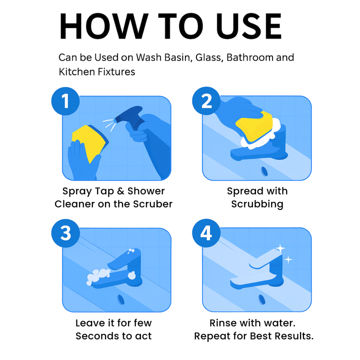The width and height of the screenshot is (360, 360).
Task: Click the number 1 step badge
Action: (x=65, y=101)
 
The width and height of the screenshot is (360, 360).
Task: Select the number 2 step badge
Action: (x=206, y=101)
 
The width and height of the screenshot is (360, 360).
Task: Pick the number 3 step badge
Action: (x=65, y=233)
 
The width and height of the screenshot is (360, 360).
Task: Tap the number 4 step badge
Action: (x=206, y=233)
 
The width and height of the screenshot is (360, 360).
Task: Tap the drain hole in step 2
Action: (x=264, y=171)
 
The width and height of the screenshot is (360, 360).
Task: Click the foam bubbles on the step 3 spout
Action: (x=98, y=276)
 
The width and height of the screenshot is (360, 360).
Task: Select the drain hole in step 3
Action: (x=121, y=299)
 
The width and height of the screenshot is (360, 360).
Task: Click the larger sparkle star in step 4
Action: (x=280, y=248)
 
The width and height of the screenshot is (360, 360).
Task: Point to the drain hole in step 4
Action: (x=261, y=299)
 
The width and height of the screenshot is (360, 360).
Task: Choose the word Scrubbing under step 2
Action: (x=257, y=204)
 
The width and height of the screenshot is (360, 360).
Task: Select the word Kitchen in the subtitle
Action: (x=76, y=71)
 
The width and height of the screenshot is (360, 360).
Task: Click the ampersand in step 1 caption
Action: (x=121, y=191)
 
